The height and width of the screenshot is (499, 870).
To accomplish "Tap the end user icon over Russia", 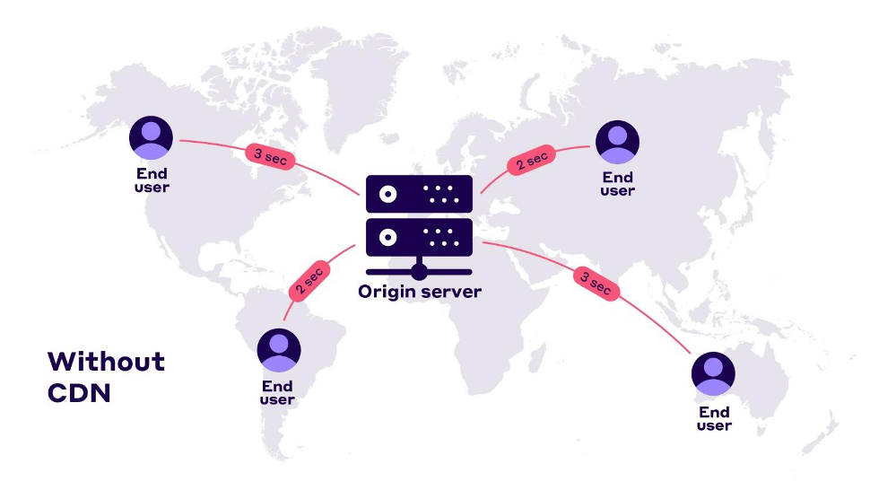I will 617,141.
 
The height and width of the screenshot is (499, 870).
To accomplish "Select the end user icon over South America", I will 278,350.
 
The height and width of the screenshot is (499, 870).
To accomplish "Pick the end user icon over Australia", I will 714,373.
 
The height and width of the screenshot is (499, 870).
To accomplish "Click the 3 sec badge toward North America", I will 270,155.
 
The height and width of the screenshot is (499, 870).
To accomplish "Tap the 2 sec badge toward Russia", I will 530,161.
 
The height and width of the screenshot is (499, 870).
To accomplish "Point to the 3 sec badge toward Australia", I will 596,284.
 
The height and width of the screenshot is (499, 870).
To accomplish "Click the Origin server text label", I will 419,292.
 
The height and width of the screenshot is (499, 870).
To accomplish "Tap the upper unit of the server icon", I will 419,194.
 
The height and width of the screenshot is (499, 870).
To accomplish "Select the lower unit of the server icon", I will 419,237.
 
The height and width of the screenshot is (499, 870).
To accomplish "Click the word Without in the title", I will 106,362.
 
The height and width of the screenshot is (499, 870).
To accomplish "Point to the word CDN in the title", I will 79,393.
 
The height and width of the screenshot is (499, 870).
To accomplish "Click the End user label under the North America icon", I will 152,180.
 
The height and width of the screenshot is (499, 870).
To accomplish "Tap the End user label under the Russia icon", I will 617,184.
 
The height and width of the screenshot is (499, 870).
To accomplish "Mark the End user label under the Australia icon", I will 714,418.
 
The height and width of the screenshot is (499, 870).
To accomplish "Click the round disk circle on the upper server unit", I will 387,194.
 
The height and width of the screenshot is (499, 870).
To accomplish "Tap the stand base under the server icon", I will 419,269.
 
